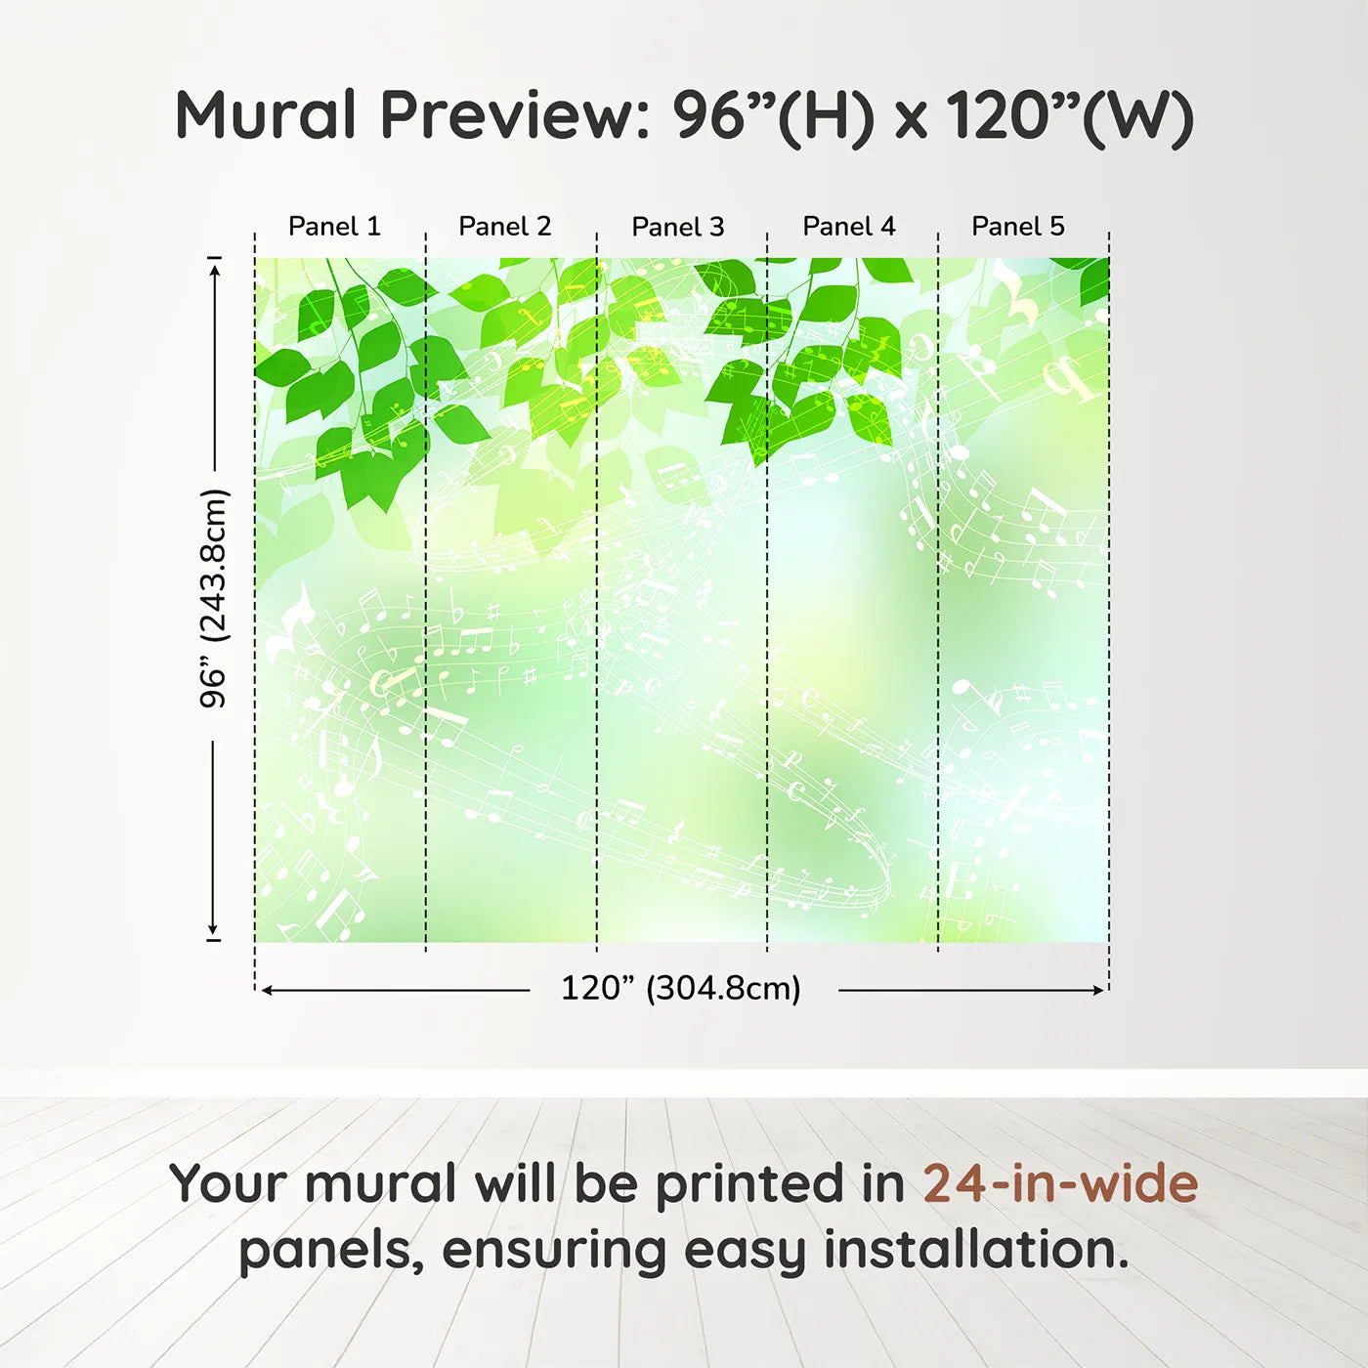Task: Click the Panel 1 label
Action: point(334,227)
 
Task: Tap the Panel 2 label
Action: point(505,227)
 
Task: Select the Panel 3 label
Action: point(678,227)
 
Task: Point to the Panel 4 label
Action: point(849,227)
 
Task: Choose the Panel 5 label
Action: point(1018,227)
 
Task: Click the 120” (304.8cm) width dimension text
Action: point(681,988)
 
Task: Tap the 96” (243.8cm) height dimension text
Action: point(213,598)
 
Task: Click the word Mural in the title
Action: point(266,115)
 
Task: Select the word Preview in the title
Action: point(516,115)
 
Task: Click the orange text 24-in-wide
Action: point(1060,1183)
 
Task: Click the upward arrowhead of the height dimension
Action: point(215,267)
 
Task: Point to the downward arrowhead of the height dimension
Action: point(213,929)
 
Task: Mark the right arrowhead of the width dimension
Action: point(1097,990)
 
